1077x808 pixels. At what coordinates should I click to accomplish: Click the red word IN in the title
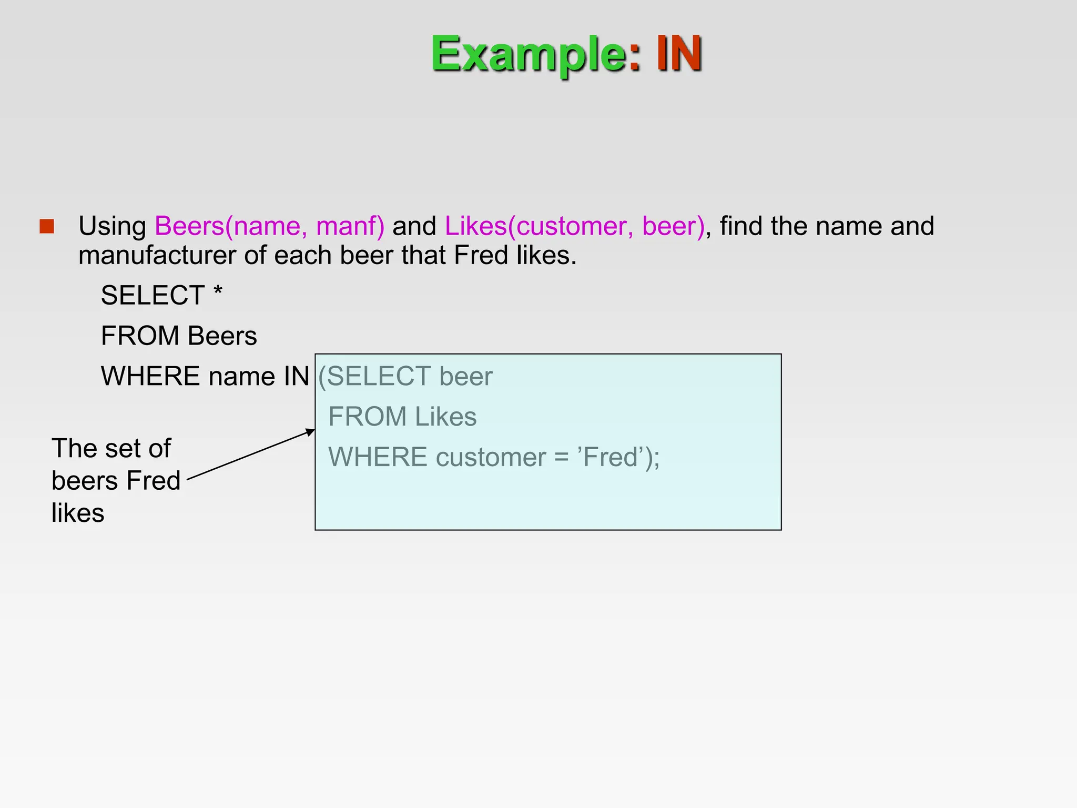678,54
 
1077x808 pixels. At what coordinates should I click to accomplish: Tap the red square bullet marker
47,226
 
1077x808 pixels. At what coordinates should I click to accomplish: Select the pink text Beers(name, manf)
269,226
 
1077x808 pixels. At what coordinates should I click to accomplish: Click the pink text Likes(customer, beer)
574,226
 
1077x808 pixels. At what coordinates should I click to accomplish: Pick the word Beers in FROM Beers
222,336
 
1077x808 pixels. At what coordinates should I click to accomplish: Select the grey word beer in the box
465,377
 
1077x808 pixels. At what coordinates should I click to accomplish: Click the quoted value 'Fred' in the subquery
609,457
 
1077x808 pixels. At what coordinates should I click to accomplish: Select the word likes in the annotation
78,513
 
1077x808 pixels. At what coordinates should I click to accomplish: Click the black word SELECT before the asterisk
153,296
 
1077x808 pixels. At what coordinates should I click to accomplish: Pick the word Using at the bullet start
112,227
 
